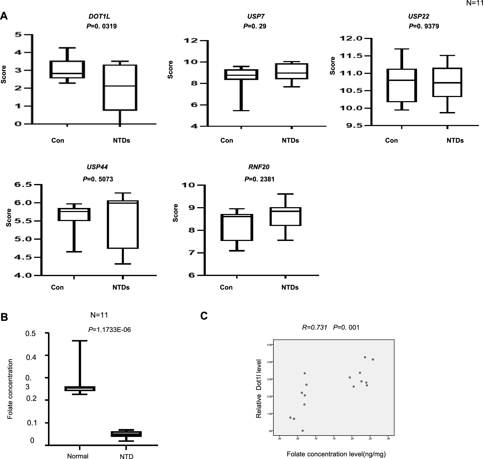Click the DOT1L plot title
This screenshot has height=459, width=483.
click(99, 16)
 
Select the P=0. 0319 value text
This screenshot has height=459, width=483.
click(102, 26)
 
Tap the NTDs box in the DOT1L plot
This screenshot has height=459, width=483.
click(120, 87)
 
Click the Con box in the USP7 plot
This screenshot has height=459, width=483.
click(241, 74)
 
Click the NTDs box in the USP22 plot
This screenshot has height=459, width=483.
click(447, 82)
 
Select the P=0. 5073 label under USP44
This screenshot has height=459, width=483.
click(98, 179)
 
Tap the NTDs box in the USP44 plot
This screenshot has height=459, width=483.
click(123, 225)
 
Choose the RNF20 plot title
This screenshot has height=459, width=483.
click(259, 167)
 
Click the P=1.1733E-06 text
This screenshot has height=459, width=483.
click(110, 330)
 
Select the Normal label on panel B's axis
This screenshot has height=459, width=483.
click(78, 448)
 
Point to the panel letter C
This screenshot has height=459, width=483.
click(204, 316)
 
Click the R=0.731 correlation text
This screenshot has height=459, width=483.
click(315, 327)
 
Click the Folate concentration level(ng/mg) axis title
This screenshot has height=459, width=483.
click(336, 454)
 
